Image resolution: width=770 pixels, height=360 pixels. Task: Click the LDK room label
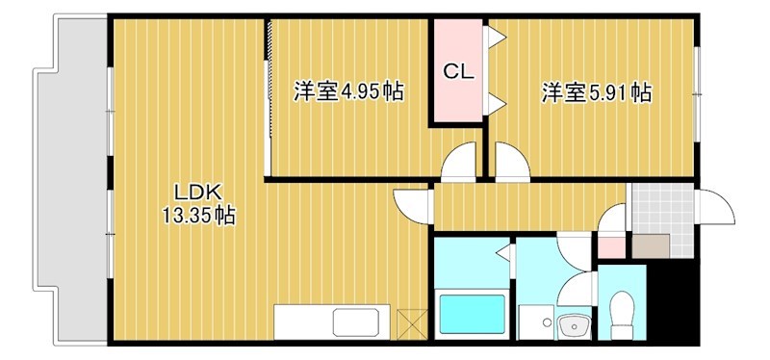click(193, 190)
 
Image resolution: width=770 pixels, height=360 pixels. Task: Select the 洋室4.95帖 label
click(347, 92)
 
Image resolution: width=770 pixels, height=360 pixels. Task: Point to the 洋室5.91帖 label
click(596, 93)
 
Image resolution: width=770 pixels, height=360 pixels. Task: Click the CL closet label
click(457, 71)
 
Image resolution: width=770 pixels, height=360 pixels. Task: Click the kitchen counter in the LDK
click(332, 321)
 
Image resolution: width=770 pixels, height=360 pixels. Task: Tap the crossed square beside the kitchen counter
click(410, 321)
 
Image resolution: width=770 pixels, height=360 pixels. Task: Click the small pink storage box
click(611, 246)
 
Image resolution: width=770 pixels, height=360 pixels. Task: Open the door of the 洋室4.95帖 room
click(458, 161)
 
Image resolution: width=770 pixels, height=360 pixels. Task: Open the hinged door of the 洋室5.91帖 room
click(510, 161)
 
